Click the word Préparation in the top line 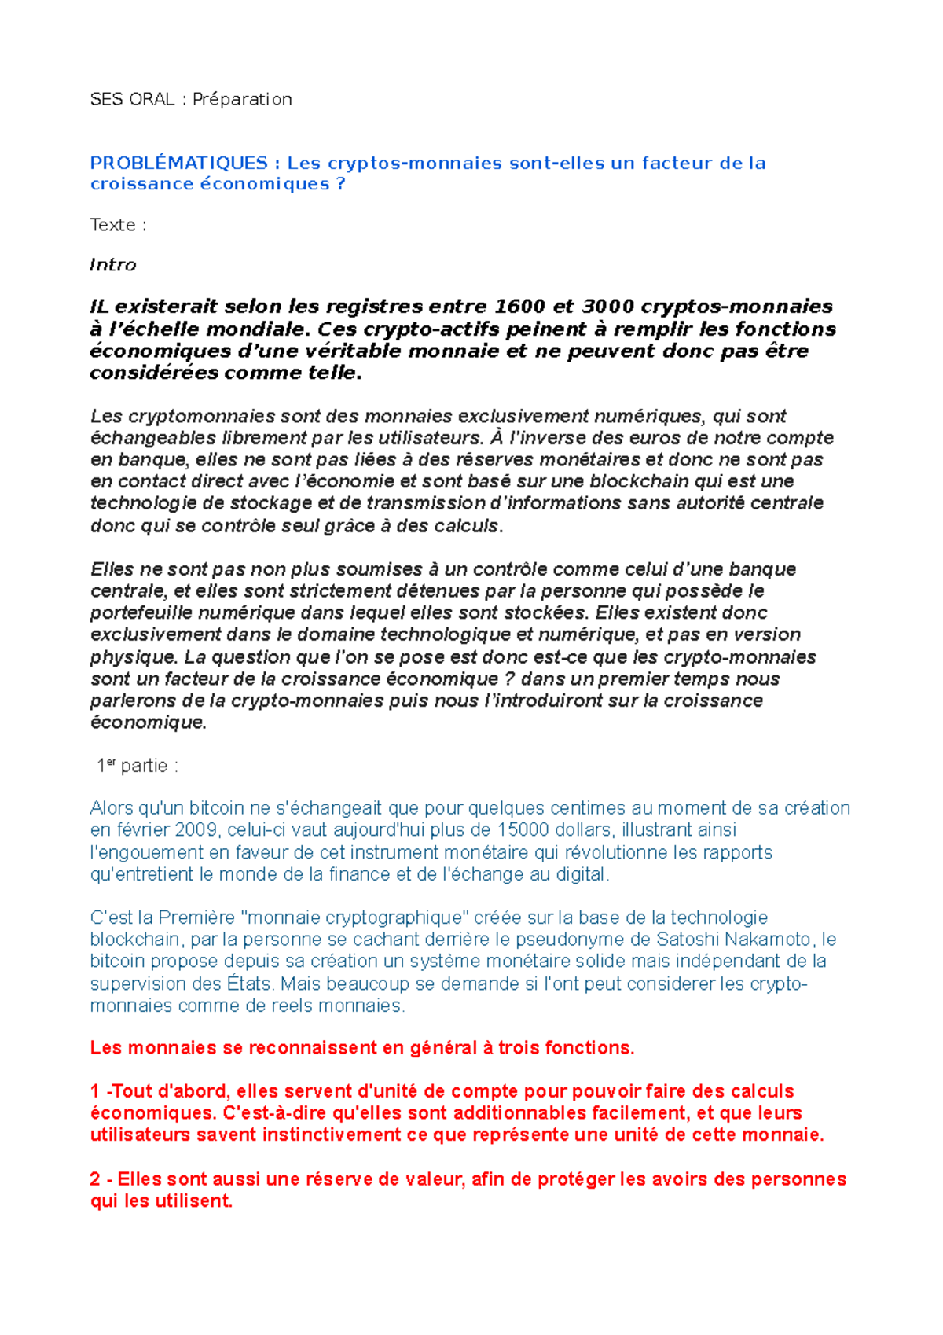click(242, 99)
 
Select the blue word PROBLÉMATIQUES click(178, 164)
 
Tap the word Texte click(112, 225)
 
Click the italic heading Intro click(112, 265)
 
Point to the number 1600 click(520, 307)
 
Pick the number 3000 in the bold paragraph click(607, 307)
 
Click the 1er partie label click(137, 766)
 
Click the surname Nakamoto click(768, 940)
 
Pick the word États click(249, 984)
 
